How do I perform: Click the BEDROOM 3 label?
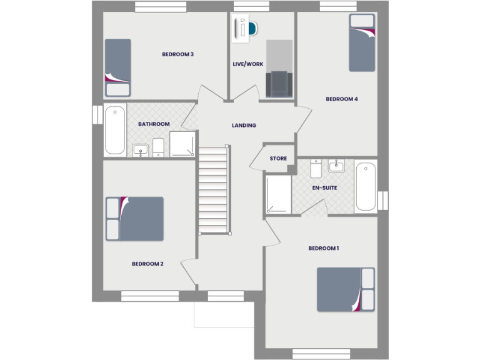[x=177, y=54]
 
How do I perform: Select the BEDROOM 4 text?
[x=342, y=99]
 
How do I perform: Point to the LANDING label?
[x=244, y=125]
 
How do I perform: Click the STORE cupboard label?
[x=278, y=159]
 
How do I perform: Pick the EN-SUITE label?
[x=325, y=187]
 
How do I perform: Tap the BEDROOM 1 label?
[x=324, y=248]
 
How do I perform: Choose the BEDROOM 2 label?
[x=147, y=264]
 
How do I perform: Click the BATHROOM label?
[x=154, y=124]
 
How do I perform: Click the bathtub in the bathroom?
[x=114, y=130]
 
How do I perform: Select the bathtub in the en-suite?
[x=366, y=186]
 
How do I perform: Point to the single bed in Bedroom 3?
[x=117, y=67]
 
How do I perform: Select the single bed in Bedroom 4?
[x=362, y=42]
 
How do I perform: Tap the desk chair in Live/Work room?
[x=252, y=29]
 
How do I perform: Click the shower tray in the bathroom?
[x=182, y=144]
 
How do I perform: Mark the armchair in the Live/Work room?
[x=279, y=84]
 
